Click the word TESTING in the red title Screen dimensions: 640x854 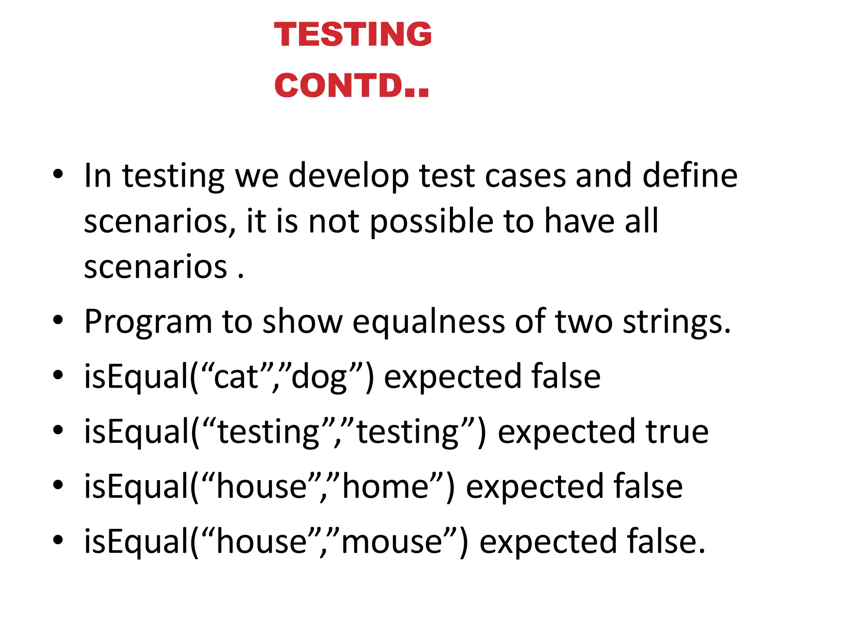pos(353,34)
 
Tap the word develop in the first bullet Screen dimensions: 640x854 pos(348,176)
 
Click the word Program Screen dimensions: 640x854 pos(148,322)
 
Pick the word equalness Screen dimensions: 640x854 pos(429,322)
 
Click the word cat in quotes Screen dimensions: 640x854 pos(236,377)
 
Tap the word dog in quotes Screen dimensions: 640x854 pos(319,377)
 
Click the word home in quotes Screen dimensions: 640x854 pos(386,487)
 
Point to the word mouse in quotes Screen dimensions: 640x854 pos(392,542)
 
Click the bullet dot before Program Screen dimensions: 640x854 pos(58,321)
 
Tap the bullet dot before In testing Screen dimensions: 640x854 pos(58,174)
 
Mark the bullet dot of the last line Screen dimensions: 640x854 pos(58,540)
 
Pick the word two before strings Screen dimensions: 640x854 pos(584,322)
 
